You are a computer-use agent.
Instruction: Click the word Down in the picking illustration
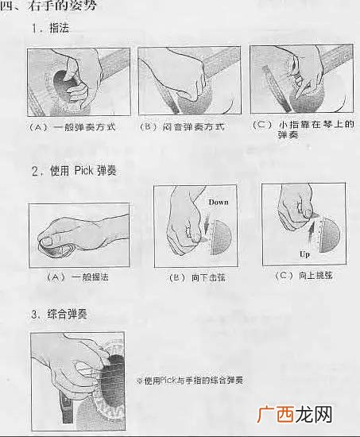tap(219, 202)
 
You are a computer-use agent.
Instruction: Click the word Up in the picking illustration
tap(304, 254)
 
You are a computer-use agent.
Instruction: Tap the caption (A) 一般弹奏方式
tap(72, 127)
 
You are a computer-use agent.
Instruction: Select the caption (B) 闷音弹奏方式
tap(182, 127)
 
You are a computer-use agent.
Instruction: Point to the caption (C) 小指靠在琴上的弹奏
tap(304, 130)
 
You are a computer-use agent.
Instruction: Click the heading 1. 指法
tap(50, 28)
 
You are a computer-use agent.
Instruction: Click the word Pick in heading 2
tap(83, 171)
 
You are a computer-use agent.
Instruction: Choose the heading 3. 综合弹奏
tap(59, 314)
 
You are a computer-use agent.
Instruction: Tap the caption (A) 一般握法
tap(77, 277)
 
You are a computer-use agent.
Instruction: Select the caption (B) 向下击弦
tap(197, 277)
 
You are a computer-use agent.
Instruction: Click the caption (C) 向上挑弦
tap(304, 276)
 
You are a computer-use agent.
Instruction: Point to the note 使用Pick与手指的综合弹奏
tap(190, 380)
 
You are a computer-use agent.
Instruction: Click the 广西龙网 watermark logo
tap(295, 414)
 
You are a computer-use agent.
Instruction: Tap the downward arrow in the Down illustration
tap(207, 223)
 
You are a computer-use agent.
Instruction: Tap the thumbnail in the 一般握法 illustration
tap(48, 240)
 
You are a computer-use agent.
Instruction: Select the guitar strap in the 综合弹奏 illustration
tap(67, 407)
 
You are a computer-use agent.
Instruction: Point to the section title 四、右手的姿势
tap(48, 6)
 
